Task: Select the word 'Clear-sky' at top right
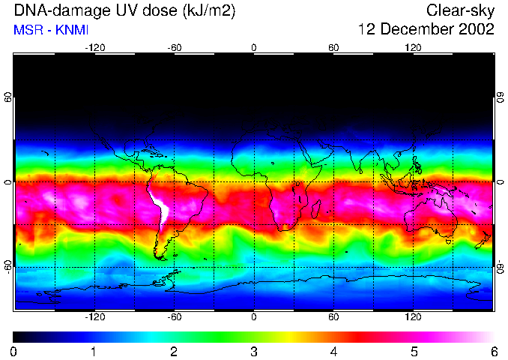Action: click(x=461, y=10)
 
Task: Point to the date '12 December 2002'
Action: click(x=426, y=30)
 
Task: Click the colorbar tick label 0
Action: click(x=13, y=351)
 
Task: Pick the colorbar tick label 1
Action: click(x=94, y=351)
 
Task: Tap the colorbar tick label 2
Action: click(x=173, y=351)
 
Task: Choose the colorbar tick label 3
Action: click(x=253, y=351)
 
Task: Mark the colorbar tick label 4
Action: click(x=333, y=351)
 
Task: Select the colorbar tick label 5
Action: click(x=414, y=351)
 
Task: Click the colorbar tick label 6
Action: click(x=493, y=351)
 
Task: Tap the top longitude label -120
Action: click(x=94, y=47)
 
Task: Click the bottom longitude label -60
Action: click(x=174, y=317)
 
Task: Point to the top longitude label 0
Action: click(x=254, y=47)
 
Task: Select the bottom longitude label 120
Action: click(x=413, y=317)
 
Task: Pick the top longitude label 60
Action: click(x=333, y=47)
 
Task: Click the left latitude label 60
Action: click(x=7, y=97)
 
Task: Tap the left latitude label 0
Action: click(x=7, y=182)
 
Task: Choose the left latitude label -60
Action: click(x=7, y=266)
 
